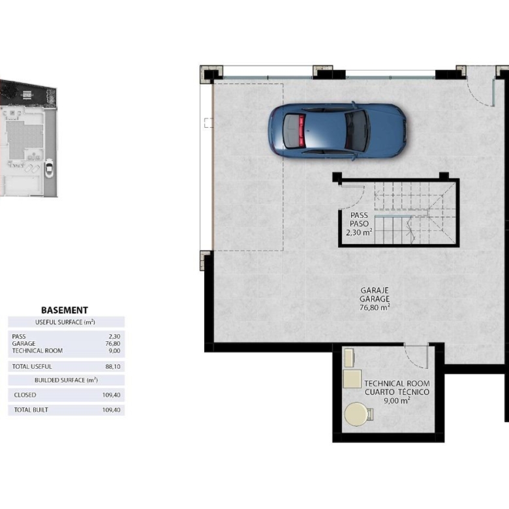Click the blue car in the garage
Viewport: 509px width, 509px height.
337,131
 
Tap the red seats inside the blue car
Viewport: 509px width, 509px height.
302,130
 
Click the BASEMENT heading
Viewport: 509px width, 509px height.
65,310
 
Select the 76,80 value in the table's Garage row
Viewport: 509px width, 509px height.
113,343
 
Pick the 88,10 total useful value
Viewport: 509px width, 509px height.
113,367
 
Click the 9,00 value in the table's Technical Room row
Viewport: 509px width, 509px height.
115,350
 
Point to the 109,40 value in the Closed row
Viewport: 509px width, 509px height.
112,395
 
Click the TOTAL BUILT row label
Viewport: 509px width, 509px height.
31,410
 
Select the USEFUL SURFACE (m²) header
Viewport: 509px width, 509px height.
65,322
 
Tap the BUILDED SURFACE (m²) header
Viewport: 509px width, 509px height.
66,380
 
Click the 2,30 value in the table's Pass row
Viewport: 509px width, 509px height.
115,336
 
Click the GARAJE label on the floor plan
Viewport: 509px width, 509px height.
375,290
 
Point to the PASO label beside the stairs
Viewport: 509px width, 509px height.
359,224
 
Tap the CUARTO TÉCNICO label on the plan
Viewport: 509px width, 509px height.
397,392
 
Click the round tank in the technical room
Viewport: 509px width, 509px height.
356,414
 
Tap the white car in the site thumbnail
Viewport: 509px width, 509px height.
49,168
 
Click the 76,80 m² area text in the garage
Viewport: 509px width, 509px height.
375,307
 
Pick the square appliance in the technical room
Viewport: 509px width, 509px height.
352,378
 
